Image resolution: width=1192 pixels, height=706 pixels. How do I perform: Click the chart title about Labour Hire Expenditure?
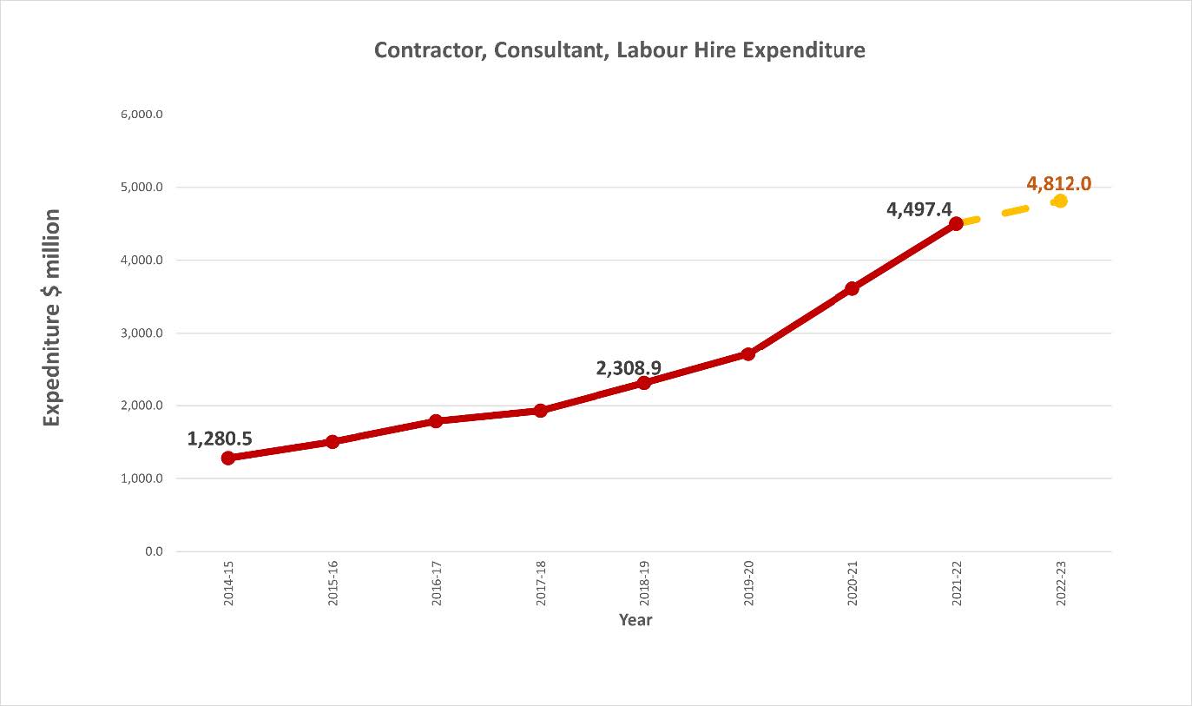(x=619, y=50)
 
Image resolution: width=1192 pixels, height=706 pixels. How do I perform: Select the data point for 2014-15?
(x=228, y=458)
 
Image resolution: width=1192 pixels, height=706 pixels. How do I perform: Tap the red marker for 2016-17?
(x=436, y=421)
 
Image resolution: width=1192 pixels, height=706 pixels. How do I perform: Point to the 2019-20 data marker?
(x=747, y=353)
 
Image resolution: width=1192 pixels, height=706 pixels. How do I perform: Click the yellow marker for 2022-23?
(x=1059, y=201)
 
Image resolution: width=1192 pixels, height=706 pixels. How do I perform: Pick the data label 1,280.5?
(x=220, y=439)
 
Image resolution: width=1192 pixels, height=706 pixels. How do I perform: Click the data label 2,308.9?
(x=629, y=368)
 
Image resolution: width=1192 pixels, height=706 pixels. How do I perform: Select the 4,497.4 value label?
(x=919, y=209)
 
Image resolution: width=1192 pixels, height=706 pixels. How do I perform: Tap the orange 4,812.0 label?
(x=1058, y=183)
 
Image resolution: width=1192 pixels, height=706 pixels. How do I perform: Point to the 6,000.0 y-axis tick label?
(x=142, y=115)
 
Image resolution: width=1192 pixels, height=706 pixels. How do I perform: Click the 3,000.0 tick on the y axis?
(x=142, y=333)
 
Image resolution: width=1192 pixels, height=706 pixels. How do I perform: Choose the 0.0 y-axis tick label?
(x=153, y=551)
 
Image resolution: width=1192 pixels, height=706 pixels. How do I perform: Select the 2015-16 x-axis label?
(x=333, y=589)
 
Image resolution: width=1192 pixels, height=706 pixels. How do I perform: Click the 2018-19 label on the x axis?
(x=644, y=589)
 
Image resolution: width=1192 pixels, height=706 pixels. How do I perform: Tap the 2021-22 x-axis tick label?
(x=956, y=589)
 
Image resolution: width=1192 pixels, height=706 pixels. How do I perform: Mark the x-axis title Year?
(x=635, y=620)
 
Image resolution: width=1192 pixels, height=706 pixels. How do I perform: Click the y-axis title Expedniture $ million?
(x=53, y=317)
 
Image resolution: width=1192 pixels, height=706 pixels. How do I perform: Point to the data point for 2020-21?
(x=852, y=288)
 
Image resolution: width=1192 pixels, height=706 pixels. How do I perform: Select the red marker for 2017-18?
(x=540, y=411)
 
